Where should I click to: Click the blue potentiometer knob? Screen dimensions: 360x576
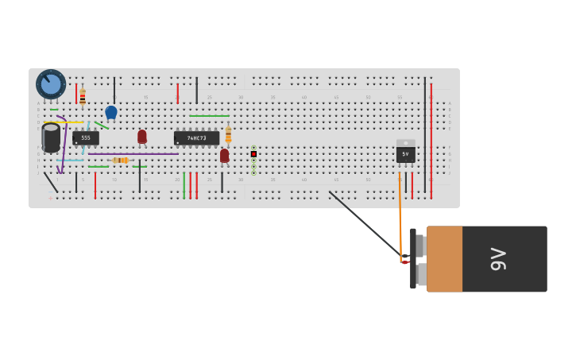(51, 84)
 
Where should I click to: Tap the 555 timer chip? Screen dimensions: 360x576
(86, 137)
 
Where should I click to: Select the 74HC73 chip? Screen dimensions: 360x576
(196, 137)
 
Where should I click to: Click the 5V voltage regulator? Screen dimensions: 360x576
(405, 153)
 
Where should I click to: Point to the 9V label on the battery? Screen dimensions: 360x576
(498, 259)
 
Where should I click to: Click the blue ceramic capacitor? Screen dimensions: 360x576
(111, 112)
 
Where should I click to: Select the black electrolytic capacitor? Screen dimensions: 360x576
(51, 137)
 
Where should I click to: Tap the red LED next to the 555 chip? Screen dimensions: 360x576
(142, 136)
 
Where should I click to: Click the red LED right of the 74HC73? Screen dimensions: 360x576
(224, 155)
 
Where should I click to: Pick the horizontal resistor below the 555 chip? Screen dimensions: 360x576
(120, 160)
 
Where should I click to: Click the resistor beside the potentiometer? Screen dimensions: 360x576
(83, 97)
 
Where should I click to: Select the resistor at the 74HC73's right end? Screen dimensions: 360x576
(228, 134)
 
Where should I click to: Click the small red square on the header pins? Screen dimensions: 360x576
(253, 153)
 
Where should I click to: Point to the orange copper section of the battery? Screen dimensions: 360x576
(444, 259)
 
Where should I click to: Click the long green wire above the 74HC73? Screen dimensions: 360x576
(209, 116)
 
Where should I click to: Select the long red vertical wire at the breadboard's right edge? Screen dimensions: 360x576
(431, 140)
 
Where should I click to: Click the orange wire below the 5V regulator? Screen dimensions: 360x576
(400, 207)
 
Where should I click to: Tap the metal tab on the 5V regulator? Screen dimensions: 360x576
(405, 143)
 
